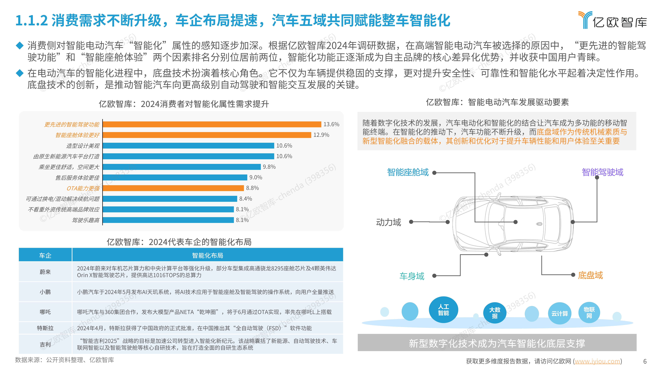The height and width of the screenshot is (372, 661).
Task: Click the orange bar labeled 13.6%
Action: pos(212,124)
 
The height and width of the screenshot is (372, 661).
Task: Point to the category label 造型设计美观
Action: pos(83,146)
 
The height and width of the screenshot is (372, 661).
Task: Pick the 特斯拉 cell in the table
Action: pos(45,328)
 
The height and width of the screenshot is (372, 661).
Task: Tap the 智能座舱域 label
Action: pos(408,172)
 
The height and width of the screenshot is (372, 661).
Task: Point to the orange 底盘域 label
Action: pos(590,275)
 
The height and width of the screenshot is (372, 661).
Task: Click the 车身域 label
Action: pos(412,276)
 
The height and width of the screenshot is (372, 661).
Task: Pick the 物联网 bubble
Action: pos(589,312)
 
